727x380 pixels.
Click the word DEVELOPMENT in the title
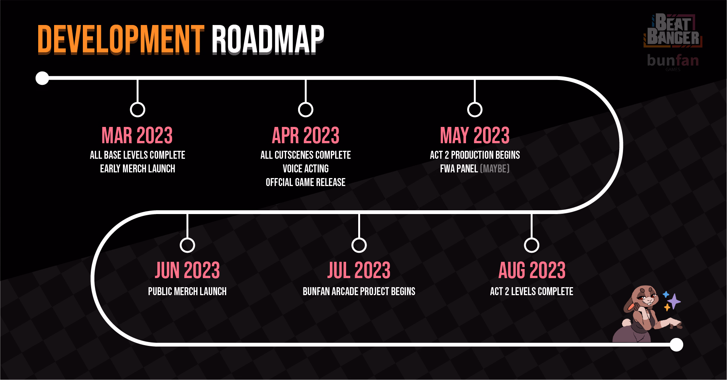pyautogui.click(x=121, y=40)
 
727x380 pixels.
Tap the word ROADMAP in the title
pyautogui.click(x=268, y=40)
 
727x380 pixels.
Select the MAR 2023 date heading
pyautogui.click(x=137, y=135)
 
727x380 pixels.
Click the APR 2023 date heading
pyautogui.click(x=306, y=135)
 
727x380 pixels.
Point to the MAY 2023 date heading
pyautogui.click(x=475, y=135)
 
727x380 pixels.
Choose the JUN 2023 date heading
pyautogui.click(x=187, y=270)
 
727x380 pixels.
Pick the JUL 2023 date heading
pyautogui.click(x=359, y=270)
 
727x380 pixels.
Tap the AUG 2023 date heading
pyautogui.click(x=532, y=270)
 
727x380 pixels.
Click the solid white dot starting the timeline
pyautogui.click(x=42, y=78)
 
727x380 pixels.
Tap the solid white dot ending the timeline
pyautogui.click(x=676, y=345)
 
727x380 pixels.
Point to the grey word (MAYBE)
pyautogui.click(x=495, y=169)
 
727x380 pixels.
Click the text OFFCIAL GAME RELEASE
pyautogui.click(x=306, y=182)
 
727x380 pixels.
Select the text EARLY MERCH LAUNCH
pyautogui.click(x=137, y=169)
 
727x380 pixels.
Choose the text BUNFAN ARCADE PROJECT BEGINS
pyautogui.click(x=359, y=291)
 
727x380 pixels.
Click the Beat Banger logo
pyautogui.click(x=673, y=30)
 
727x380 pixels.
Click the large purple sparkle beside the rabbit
pyautogui.click(x=674, y=302)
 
